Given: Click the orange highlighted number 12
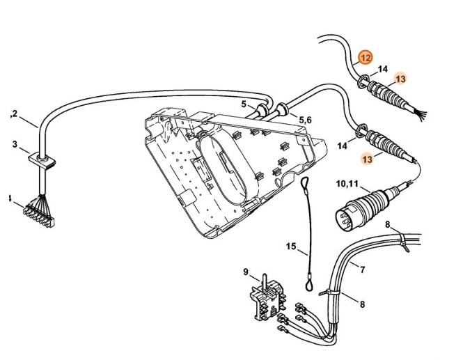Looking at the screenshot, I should [366, 57].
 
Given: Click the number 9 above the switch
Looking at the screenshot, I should [246, 271].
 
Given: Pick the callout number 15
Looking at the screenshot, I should [290, 246].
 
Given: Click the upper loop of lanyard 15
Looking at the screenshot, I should [305, 184].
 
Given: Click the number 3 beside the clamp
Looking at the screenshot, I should [15, 144].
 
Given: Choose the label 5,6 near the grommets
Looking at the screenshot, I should [304, 120].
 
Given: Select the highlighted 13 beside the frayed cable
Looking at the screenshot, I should [400, 79].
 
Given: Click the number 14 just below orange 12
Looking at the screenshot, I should [382, 69].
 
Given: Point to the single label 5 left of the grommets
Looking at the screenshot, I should [244, 104].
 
